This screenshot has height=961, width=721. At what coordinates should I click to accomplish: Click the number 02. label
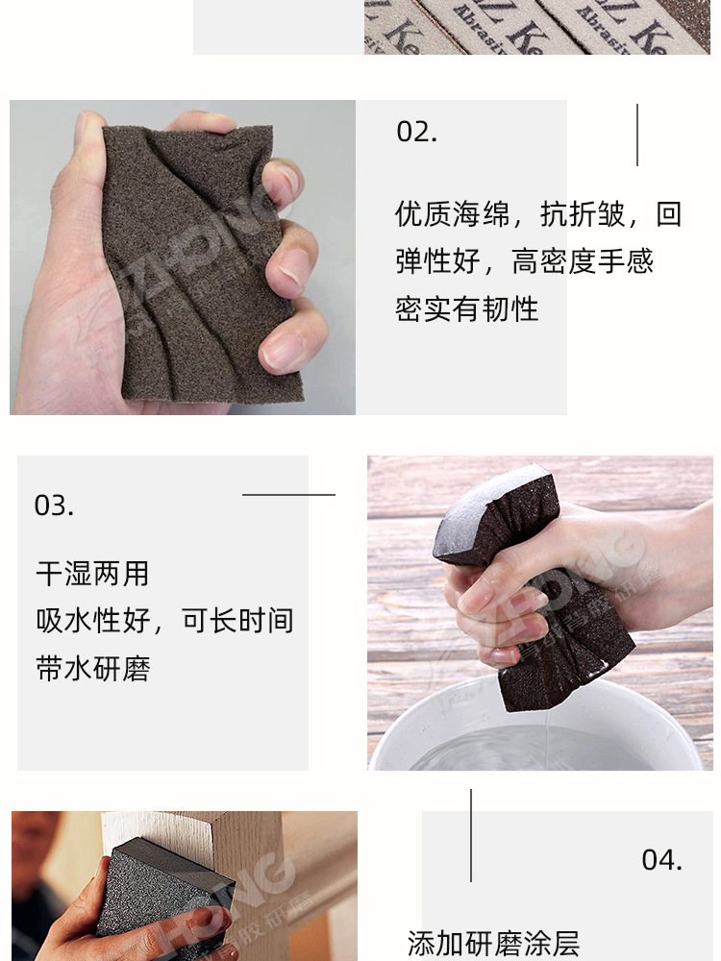click(x=416, y=132)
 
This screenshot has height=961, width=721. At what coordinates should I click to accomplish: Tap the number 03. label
click(x=54, y=505)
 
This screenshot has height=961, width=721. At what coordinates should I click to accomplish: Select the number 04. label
click(x=661, y=859)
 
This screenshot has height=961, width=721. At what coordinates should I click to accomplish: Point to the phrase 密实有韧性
click(x=466, y=308)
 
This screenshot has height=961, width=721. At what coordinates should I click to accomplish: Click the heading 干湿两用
click(x=92, y=574)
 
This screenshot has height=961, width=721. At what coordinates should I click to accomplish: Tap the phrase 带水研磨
click(x=92, y=668)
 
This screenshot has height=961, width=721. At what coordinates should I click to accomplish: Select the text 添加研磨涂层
click(x=493, y=943)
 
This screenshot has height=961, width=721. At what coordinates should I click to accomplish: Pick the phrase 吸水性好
click(x=92, y=621)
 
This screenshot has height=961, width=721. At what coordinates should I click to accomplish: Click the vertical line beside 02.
click(x=636, y=135)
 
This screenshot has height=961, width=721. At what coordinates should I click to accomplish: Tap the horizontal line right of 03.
click(x=288, y=495)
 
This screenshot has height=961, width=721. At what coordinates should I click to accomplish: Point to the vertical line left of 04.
click(x=471, y=835)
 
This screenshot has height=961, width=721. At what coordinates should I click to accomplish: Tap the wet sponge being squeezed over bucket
click(x=519, y=577)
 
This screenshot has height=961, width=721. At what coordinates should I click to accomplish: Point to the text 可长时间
click(x=237, y=621)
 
